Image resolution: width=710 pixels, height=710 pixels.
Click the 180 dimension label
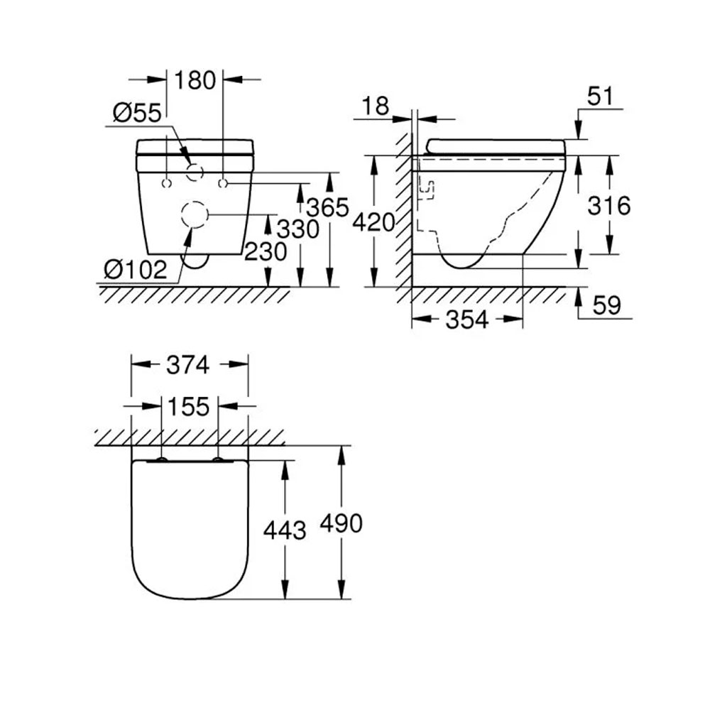pos(195,81)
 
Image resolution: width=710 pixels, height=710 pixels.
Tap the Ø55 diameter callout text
pos(137,113)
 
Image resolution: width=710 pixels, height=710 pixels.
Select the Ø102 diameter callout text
pos(136,270)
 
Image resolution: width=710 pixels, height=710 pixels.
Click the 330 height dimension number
pos(298,229)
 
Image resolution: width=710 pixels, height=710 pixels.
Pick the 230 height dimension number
pos(266,251)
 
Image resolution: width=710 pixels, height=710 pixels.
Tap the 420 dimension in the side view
pos(373,222)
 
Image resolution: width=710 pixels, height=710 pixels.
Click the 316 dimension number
pos(609,206)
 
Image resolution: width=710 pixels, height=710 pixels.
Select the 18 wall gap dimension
pos(376,106)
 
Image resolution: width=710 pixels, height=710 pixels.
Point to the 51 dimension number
pos(600,96)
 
